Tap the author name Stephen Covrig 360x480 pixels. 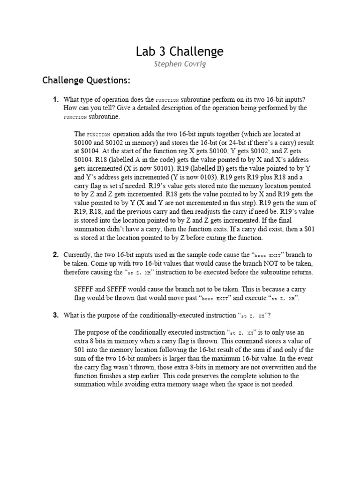pyautogui.click(x=180, y=64)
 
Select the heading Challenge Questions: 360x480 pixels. pyautogui.click(x=86, y=80)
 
